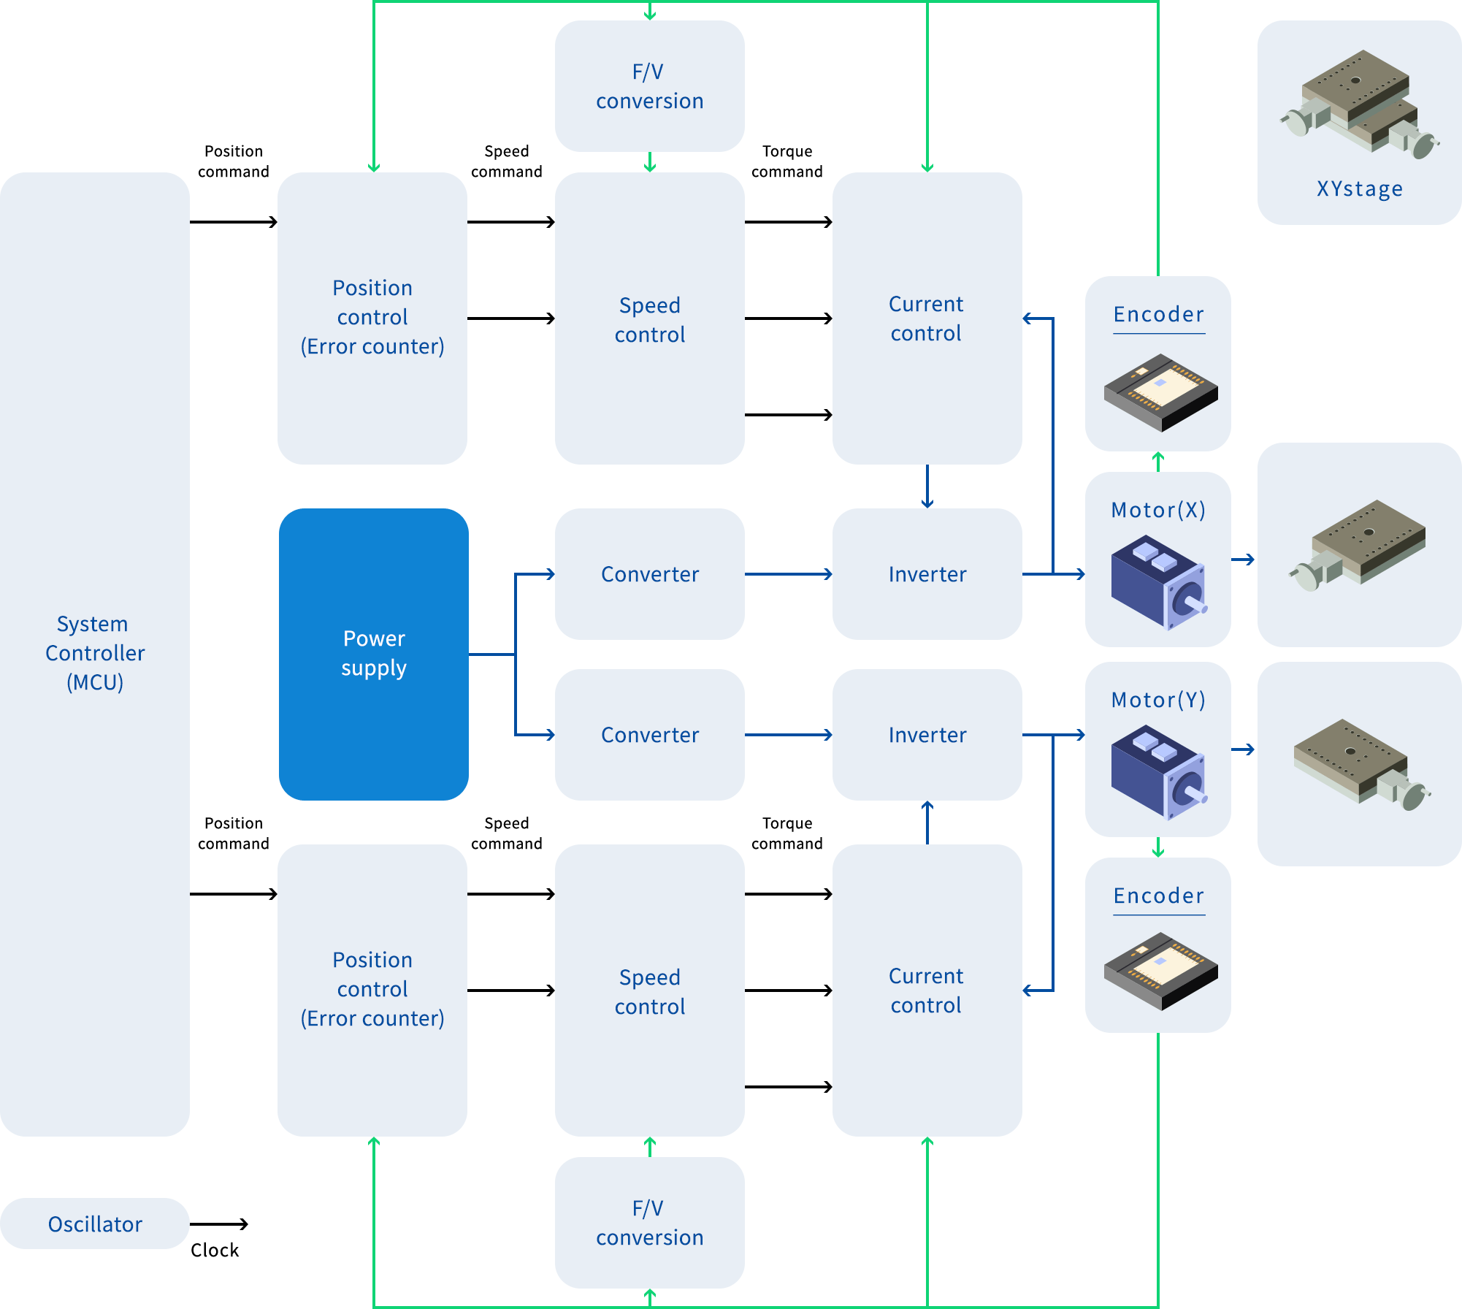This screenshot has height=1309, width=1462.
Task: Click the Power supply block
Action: pos(373,654)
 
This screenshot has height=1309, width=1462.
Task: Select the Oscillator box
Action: pos(95,1224)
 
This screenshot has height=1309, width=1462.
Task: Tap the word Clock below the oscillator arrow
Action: pos(215,1251)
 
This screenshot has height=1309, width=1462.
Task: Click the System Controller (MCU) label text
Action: pos(95,653)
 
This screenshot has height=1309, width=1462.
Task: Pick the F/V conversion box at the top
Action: pos(649,86)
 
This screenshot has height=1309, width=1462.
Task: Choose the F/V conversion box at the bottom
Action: pos(649,1223)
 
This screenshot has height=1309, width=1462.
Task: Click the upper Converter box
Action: pos(649,574)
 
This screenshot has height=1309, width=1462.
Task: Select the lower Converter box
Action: pos(649,735)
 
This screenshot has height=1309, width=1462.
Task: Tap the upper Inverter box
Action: pos(927,574)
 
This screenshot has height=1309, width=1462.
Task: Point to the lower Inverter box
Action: pos(927,735)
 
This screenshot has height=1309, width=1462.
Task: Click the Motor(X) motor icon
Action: pos(1158,581)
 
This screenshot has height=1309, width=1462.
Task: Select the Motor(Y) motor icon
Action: pos(1158,771)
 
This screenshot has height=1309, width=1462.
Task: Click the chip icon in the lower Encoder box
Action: pos(1160,971)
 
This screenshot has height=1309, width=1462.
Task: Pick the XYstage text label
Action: pos(1359,189)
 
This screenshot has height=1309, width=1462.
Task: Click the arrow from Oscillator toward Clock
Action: pos(219,1224)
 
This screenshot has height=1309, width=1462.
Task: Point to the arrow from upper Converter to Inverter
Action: pos(789,574)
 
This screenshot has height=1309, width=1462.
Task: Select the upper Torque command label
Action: pos(787,161)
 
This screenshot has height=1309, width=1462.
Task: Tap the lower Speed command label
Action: pos(506,833)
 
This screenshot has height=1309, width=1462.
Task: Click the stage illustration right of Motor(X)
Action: pos(1359,545)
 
